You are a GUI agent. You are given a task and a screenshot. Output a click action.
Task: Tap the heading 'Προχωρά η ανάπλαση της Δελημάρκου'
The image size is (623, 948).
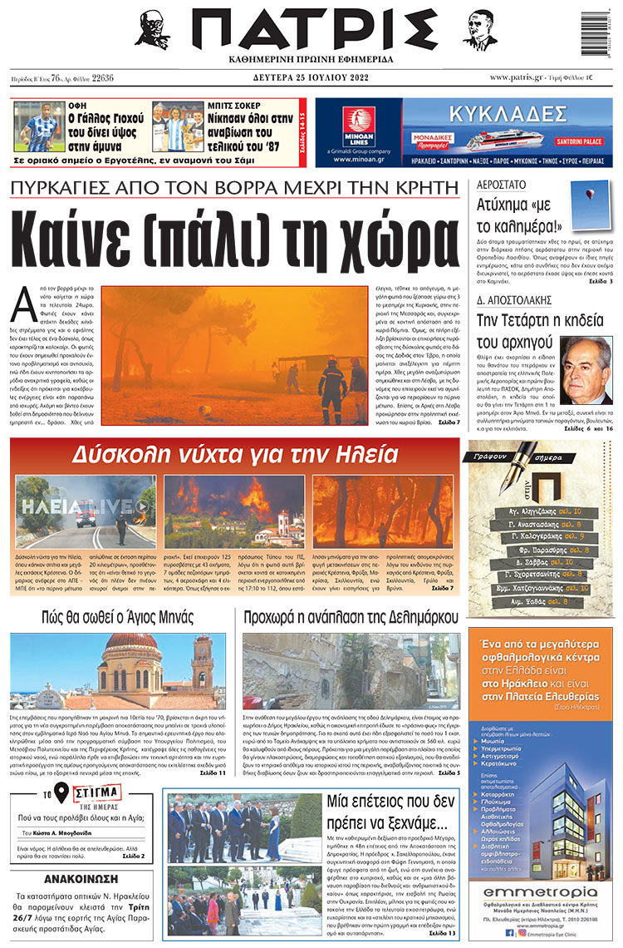(351, 617)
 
